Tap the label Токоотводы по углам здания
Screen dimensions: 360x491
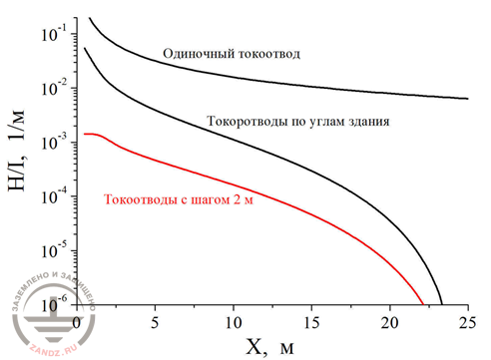point(297,122)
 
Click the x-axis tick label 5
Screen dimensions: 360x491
point(155,321)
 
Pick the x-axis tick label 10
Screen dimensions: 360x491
point(233,321)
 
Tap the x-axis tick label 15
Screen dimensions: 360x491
point(310,321)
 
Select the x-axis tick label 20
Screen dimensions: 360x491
point(388,321)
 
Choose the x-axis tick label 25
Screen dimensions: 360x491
point(466,321)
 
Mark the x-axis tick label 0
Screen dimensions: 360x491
point(78,321)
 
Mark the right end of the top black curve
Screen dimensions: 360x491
point(466,99)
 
